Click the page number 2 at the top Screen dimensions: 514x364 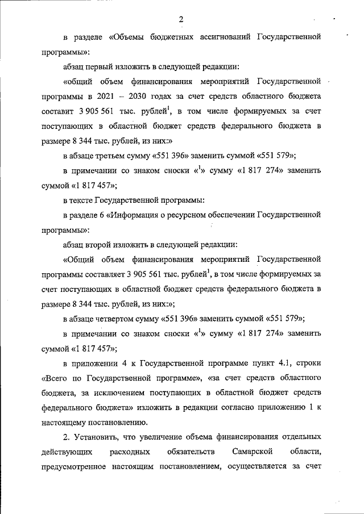coord(181,20)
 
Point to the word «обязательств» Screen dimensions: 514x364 coord(192,452)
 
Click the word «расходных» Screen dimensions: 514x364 coord(131,452)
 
